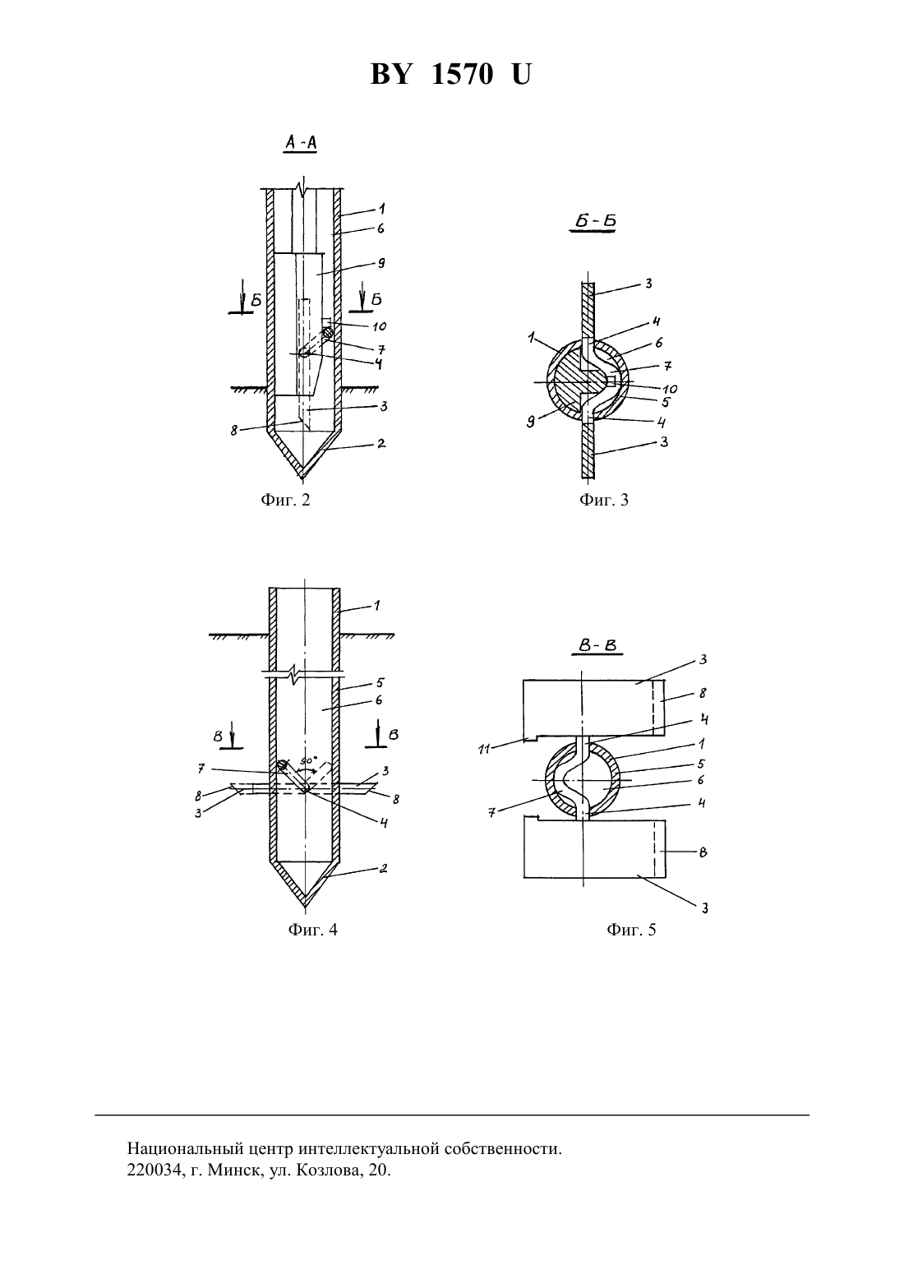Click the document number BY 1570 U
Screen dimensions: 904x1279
[x=451, y=74]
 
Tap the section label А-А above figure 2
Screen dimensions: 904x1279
[x=301, y=143]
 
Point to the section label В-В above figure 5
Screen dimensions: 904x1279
[x=597, y=646]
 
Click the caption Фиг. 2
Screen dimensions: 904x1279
[x=285, y=501]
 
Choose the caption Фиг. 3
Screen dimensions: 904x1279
[x=604, y=501]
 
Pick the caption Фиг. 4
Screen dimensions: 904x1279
[x=313, y=930]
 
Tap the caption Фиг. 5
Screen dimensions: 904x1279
[x=631, y=930]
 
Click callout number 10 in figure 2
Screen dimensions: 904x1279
[x=379, y=326]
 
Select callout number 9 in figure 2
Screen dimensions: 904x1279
[x=381, y=263]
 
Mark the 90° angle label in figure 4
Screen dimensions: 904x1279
[x=308, y=761]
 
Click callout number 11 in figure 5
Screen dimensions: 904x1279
[x=484, y=750]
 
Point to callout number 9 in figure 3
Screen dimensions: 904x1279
[x=531, y=423]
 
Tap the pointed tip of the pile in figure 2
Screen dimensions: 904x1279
[x=303, y=478]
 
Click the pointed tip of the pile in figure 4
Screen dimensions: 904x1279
[x=305, y=907]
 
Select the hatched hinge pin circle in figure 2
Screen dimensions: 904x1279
[x=328, y=331]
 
